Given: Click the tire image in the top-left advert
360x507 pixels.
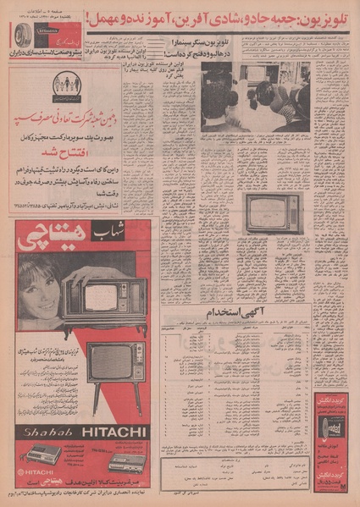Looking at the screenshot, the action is point(23,33).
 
